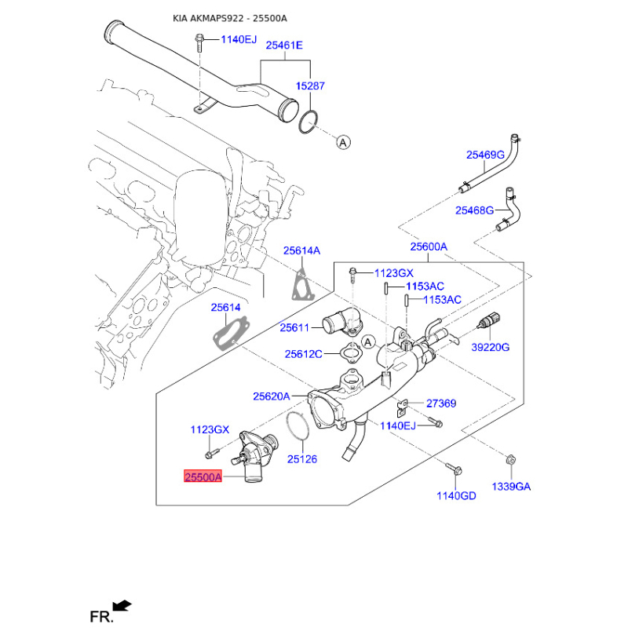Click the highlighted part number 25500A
(203, 476)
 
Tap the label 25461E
(284, 46)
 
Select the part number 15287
(310, 86)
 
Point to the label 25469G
(485, 155)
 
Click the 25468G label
(474, 210)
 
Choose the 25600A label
(429, 246)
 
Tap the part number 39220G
(490, 347)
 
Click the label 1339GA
(511, 487)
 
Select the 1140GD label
(456, 496)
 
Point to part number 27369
(441, 403)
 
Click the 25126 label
(302, 459)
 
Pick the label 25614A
(301, 250)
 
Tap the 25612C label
(303, 354)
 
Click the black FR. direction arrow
(122, 605)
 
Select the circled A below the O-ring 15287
(343, 142)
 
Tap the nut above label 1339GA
(511, 460)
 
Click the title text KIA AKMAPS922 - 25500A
(230, 18)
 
